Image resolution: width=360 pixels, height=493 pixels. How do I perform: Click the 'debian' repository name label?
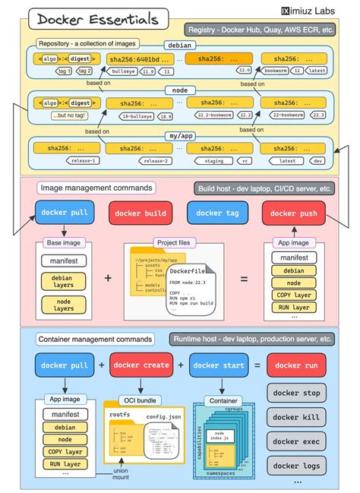point(180,46)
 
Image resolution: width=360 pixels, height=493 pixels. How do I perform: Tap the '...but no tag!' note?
point(68,115)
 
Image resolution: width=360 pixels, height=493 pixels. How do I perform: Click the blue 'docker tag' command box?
point(217,213)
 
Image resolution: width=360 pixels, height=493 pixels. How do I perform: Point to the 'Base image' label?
point(65,243)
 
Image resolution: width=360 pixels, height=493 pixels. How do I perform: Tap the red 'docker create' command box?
point(141,365)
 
